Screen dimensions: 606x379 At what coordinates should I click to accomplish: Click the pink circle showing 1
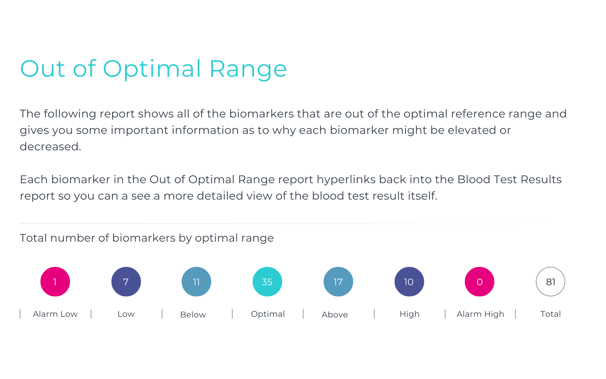click(x=55, y=282)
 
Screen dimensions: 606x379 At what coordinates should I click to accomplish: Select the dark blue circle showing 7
click(x=126, y=282)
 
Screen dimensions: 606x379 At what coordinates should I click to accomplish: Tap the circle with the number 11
click(x=196, y=282)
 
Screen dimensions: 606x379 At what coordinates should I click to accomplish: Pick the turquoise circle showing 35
click(x=267, y=282)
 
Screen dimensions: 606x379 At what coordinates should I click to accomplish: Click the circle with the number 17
click(x=338, y=282)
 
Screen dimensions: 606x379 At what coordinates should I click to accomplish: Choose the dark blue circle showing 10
click(x=409, y=282)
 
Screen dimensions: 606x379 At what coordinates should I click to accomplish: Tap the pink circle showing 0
click(x=479, y=282)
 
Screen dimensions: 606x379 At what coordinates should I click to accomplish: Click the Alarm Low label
click(x=55, y=314)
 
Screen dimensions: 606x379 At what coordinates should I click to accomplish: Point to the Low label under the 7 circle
click(x=126, y=314)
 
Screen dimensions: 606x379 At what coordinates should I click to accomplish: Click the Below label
click(x=193, y=315)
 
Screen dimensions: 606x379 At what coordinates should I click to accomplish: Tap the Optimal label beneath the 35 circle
click(x=268, y=314)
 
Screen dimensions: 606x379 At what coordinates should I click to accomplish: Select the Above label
click(x=335, y=315)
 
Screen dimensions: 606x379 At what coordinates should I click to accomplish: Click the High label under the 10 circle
click(x=410, y=314)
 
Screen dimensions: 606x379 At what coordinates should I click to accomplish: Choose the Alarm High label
click(x=480, y=314)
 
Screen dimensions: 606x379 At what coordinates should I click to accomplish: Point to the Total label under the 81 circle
click(x=550, y=314)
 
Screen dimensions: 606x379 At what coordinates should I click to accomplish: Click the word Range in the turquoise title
click(x=248, y=69)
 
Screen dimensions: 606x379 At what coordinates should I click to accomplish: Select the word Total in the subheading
click(x=33, y=238)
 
